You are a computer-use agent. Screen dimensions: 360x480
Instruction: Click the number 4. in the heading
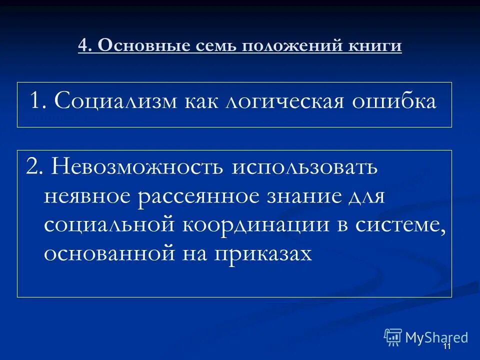coord(85,46)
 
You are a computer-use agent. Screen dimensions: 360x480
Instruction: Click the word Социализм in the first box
coord(115,101)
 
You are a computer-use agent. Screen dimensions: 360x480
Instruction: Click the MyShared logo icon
coord(393,337)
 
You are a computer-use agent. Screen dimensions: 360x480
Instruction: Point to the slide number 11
coord(447,347)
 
